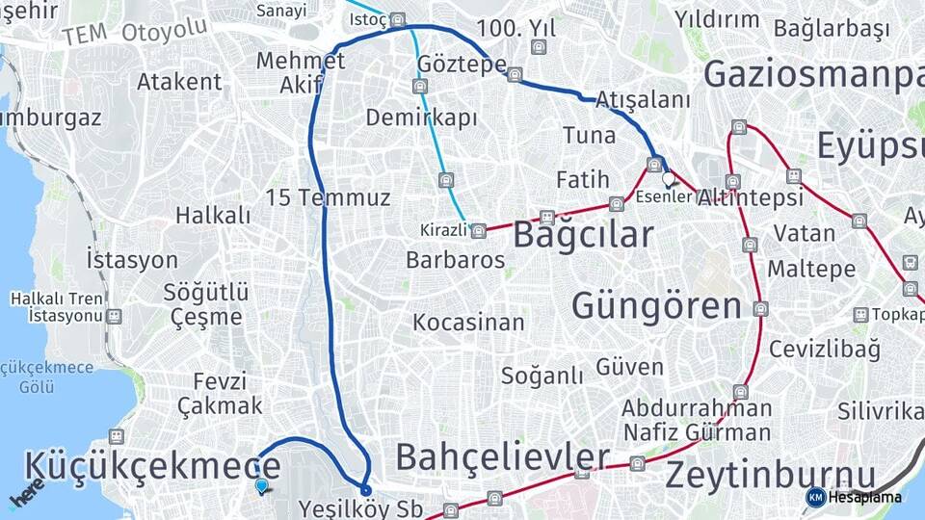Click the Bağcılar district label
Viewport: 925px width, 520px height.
583,234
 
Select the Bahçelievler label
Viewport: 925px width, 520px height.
503,455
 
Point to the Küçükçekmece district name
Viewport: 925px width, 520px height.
152,465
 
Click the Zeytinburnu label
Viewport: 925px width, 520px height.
771,475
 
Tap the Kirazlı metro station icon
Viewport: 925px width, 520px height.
478,230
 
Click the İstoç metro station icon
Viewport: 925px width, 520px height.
399,19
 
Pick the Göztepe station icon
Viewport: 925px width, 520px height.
515,74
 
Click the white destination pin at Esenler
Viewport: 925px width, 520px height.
669,178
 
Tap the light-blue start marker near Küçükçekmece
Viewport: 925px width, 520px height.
262,486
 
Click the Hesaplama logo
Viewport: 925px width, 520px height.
854,497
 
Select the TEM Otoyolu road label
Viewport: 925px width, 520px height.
135,32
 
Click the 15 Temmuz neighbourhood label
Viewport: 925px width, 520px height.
329,198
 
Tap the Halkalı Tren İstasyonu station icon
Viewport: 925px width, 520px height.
115,316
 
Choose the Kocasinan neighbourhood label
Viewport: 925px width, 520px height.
469,323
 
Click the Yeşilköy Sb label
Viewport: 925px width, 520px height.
361,507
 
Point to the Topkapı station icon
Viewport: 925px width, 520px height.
861,315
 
